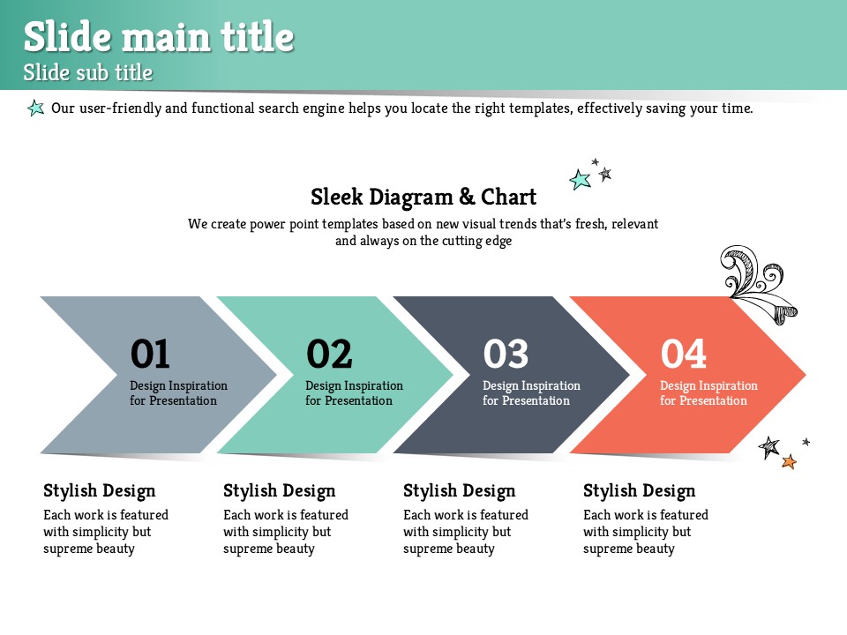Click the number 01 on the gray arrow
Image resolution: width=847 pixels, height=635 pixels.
coord(150,354)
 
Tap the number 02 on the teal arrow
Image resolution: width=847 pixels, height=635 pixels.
coord(329,354)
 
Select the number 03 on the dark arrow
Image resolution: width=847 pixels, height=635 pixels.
coord(506,354)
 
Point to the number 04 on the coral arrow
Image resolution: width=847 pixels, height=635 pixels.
coord(683,354)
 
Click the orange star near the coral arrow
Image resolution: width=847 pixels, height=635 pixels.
coord(789,461)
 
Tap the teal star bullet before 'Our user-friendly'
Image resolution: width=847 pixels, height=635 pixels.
coord(35,108)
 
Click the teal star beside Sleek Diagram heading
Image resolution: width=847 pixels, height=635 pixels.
coord(581,179)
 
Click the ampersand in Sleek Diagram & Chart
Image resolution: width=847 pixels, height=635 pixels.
coord(467,197)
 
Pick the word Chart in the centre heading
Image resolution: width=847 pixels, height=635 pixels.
coord(508,197)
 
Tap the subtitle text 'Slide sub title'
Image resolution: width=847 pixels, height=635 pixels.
coord(88,72)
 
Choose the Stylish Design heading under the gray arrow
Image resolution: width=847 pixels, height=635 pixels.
coord(100,491)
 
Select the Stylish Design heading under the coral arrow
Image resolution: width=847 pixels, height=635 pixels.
coord(639,491)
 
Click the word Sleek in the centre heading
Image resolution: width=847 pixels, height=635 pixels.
coord(336,197)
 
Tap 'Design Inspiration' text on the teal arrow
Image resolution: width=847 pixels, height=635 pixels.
coord(355,385)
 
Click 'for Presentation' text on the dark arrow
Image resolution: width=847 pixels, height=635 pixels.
coord(526,400)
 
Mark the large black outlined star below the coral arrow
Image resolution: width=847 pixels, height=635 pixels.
coord(769,447)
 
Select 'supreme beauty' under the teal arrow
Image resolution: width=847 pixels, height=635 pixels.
coord(268,549)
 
